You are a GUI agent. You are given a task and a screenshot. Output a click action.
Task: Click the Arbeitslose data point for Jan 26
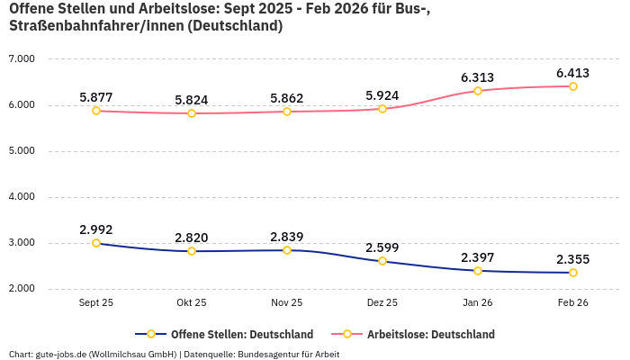[x=478, y=91]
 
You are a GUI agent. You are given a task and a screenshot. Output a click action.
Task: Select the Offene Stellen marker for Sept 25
[x=96, y=243]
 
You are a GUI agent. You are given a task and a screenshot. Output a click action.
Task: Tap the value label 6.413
[x=573, y=73]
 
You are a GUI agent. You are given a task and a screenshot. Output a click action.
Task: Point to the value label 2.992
[x=96, y=229]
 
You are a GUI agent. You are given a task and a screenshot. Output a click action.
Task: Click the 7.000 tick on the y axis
[x=21, y=58]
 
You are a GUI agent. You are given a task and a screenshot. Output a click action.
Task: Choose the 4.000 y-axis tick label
[x=21, y=196]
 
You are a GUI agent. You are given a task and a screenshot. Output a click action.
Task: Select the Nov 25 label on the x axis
[x=287, y=303]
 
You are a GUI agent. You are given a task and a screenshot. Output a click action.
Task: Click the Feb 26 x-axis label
[x=573, y=303]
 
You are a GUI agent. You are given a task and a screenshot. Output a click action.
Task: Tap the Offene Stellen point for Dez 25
[x=382, y=261]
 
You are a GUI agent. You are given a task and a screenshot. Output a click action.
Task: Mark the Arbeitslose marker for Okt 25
[x=192, y=113]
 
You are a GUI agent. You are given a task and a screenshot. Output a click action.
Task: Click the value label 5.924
[x=382, y=95]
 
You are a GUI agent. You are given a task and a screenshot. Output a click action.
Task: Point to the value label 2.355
[x=573, y=258]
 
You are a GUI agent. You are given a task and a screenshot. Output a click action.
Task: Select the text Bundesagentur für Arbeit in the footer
[x=289, y=354]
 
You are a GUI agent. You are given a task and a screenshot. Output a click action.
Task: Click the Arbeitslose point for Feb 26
[x=573, y=86]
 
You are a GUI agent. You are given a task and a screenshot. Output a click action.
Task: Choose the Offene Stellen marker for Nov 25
[x=287, y=250]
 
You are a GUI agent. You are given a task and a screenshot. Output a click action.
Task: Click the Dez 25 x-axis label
[x=382, y=303]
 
